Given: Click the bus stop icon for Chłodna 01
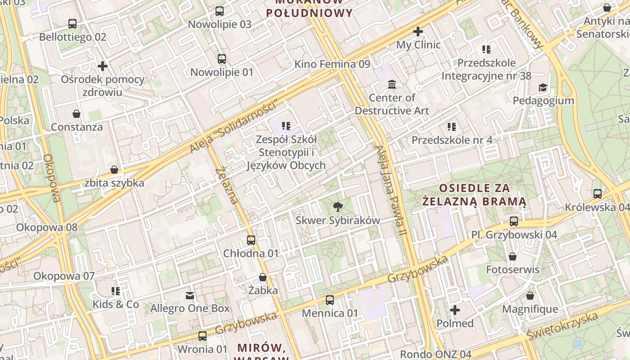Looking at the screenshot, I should (251, 240).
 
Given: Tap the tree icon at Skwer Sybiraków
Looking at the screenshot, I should (337, 207).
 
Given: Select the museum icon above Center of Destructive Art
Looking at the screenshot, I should (392, 84).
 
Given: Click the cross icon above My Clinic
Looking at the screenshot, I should (418, 31).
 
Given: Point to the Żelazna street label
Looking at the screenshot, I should (227, 185).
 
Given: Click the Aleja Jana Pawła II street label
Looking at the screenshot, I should (391, 190).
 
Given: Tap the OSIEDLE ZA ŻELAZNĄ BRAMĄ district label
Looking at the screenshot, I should (474, 194).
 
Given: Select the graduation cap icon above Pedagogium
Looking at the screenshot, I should (543, 87).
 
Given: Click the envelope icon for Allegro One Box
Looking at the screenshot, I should (190, 295).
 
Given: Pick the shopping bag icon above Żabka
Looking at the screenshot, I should (263, 277).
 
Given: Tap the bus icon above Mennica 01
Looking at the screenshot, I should (330, 300).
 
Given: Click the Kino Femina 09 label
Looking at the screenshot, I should (332, 64).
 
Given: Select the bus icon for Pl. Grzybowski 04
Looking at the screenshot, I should (514, 221).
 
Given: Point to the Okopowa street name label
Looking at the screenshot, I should (52, 178).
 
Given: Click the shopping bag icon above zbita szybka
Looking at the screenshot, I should (114, 170).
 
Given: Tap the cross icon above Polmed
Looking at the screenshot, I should (455, 310).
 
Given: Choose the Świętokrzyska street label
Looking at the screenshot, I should (562, 326).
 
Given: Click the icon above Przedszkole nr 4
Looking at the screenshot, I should (452, 127).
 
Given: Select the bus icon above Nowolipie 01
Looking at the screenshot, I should (222, 58).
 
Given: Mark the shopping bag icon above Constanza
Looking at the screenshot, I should (76, 114).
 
